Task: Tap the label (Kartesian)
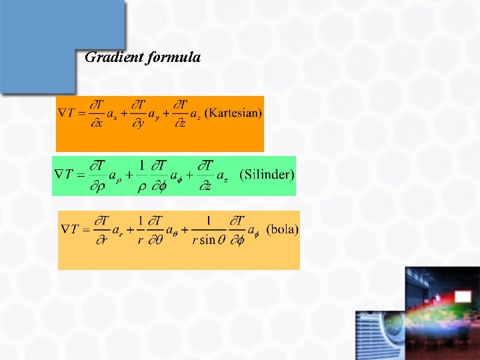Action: click(233, 113)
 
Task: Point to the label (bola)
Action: click(282, 229)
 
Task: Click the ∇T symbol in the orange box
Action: click(67, 113)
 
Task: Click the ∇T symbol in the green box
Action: click(65, 175)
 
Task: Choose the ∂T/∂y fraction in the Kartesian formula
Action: click(138, 113)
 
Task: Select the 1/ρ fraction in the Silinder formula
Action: click(141, 175)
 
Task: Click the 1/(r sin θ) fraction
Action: click(208, 229)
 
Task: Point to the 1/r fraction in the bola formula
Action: click(141, 229)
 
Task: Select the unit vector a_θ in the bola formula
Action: click(170, 231)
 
